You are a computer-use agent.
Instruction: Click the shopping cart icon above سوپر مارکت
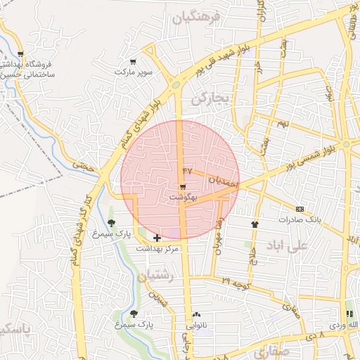[133, 61]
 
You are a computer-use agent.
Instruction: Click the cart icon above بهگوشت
[183, 187]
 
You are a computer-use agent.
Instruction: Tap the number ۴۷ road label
[187, 170]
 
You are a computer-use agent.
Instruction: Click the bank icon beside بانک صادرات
[300, 209]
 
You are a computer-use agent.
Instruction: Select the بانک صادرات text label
[300, 219]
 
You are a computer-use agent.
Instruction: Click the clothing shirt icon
[254, 224]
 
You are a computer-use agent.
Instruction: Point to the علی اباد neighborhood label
[288, 246]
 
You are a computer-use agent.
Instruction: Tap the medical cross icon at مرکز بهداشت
[156, 238]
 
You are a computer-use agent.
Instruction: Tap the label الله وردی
[345, 325]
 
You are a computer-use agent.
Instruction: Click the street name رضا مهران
[220, 226]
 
